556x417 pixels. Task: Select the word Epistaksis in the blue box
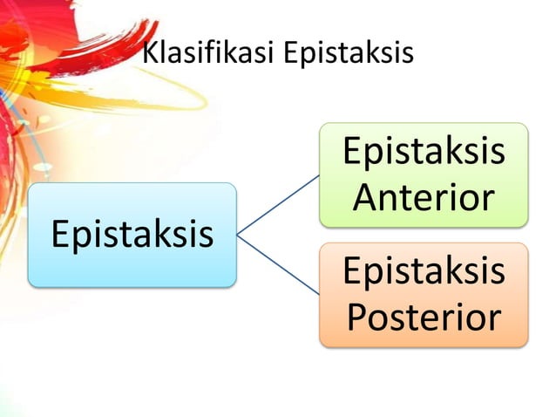click(132, 235)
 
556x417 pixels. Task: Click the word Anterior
click(424, 199)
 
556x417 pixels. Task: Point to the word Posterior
click(424, 318)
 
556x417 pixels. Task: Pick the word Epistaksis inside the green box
click(424, 152)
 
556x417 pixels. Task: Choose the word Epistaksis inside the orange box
click(424, 271)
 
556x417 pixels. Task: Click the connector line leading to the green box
click(279, 203)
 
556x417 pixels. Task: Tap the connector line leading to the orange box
click(279, 264)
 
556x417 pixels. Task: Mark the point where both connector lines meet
click(238, 234)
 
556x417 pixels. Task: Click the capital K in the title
click(150, 53)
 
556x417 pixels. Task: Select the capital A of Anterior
click(366, 199)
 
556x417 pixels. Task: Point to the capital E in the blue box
click(61, 235)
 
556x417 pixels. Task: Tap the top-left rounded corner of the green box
click(322, 127)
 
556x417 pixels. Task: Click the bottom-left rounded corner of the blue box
click(32, 283)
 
